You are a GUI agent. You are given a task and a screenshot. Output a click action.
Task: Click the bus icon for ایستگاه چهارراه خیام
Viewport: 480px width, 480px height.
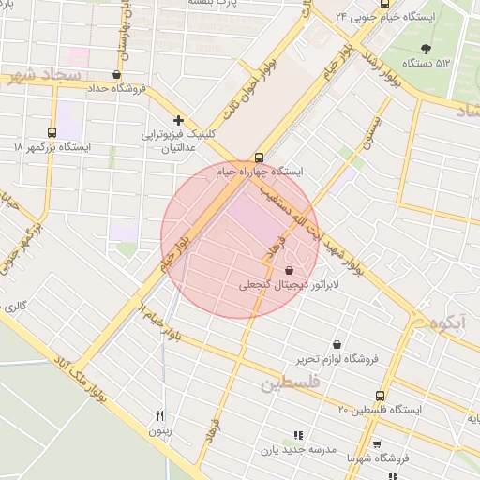(x=259, y=157)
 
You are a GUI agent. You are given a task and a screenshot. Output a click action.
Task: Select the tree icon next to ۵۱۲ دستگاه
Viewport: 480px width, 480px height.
(x=427, y=47)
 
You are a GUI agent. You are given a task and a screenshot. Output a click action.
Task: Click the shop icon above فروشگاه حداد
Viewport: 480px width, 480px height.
(x=116, y=75)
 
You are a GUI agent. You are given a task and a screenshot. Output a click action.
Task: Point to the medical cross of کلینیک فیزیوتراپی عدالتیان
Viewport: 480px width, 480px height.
(x=178, y=120)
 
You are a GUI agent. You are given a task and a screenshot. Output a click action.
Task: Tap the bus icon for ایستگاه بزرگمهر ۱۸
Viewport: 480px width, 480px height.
(x=52, y=132)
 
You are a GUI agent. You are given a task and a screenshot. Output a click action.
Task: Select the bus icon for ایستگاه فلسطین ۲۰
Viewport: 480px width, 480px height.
(x=380, y=396)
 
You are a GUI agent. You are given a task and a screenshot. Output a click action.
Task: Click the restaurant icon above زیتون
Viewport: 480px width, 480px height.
(x=159, y=415)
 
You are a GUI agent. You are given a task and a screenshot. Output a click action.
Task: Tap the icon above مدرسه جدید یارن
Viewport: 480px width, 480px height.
(x=298, y=435)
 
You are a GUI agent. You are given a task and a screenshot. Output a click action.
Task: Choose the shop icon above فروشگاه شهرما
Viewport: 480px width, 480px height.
(x=376, y=444)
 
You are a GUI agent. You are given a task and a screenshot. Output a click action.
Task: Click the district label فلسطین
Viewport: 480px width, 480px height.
(x=292, y=382)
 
